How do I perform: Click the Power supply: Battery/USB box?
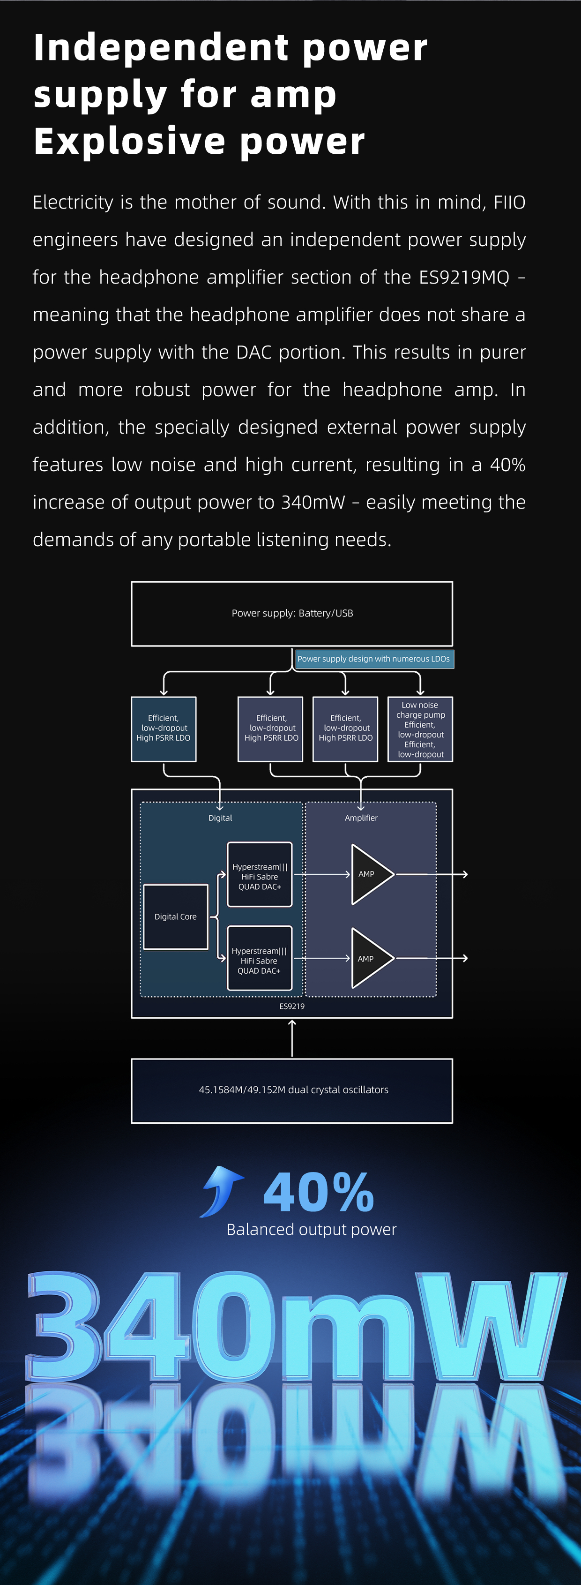pos(292,614)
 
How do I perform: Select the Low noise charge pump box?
pos(420,729)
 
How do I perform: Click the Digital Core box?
pos(176,917)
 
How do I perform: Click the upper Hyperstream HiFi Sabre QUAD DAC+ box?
pos(260,874)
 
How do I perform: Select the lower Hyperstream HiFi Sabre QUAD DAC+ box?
pos(260,959)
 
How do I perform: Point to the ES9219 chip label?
pos(292,1007)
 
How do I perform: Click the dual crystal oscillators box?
pos(292,1091)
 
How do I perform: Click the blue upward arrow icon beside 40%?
pos(222,1192)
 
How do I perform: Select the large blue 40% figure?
pos(319,1192)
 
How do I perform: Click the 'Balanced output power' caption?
pos(312,1229)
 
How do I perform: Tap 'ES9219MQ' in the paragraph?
pos(464,278)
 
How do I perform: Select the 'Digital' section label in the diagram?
pos(220,818)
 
